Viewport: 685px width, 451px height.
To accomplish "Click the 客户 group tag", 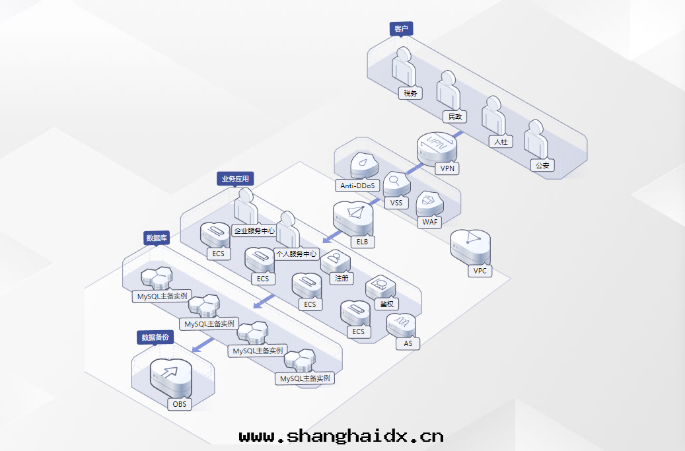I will [x=401, y=28].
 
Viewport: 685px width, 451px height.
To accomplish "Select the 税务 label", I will [x=410, y=93].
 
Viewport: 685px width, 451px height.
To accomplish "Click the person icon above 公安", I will [x=536, y=139].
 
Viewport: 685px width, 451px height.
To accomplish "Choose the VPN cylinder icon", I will [x=437, y=147].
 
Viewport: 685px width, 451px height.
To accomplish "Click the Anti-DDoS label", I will [x=357, y=186].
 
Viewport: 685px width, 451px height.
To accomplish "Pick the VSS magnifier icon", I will [x=396, y=182].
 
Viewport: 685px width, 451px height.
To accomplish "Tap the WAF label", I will [x=430, y=222].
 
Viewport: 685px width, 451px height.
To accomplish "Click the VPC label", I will [x=480, y=271].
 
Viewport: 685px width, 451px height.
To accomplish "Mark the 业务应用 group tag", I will [x=235, y=178].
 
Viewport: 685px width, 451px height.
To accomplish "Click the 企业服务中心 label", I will [x=254, y=231].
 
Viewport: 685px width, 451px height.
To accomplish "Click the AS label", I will [x=408, y=343].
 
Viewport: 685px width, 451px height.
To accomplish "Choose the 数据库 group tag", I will [x=157, y=238].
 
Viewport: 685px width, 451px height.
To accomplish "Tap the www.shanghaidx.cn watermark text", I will [x=342, y=436].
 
